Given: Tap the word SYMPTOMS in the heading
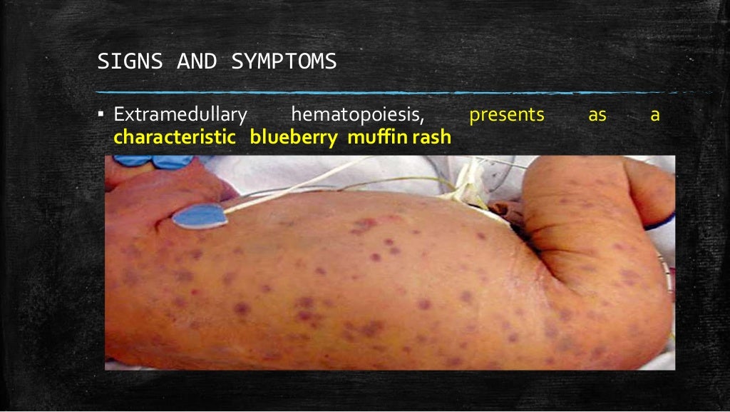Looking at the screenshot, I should [x=284, y=62].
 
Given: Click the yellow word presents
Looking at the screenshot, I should [x=507, y=115].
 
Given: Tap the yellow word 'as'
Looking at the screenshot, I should [x=597, y=115].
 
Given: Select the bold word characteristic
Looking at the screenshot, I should [x=175, y=137].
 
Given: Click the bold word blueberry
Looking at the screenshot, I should [x=294, y=137].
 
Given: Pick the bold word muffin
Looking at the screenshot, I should [x=371, y=137].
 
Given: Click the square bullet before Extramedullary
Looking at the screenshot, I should [x=103, y=115].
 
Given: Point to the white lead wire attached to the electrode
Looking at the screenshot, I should [x=299, y=186].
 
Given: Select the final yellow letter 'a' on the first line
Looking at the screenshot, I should [x=655, y=115].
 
